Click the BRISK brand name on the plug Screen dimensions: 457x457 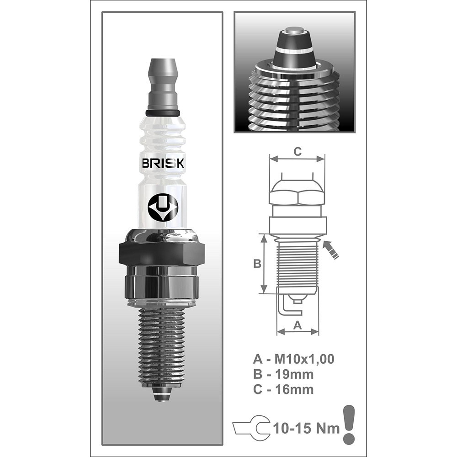tap(163, 164)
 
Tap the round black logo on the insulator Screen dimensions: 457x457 tap(163, 208)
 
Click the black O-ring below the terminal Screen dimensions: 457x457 tap(163, 112)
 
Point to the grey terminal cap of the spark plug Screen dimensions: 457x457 tap(163, 82)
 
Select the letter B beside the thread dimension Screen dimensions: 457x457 tap(257, 264)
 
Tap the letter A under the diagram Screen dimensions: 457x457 tap(297, 325)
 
